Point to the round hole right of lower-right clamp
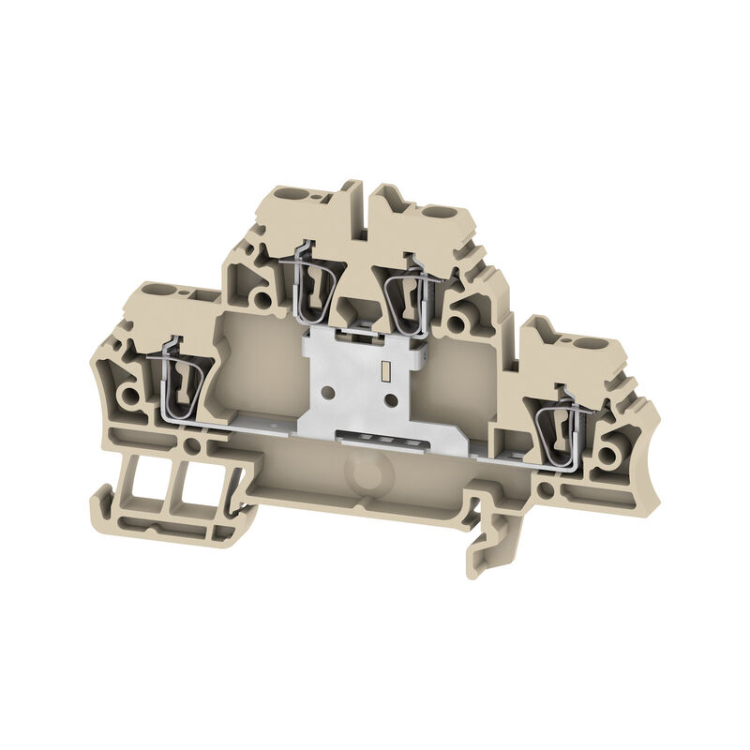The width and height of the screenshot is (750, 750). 614,457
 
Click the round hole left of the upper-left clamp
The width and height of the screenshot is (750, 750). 265,302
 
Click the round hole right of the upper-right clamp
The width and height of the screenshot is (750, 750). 456,323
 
